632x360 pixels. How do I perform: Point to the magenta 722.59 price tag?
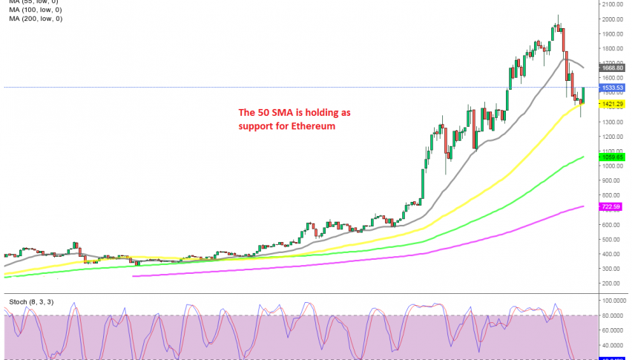pos(612,206)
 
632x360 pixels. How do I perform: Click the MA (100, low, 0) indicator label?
pos(36,10)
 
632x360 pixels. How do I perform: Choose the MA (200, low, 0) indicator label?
pos(36,19)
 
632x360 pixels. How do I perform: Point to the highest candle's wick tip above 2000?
pos(558,16)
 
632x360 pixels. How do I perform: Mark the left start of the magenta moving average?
pos(134,276)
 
